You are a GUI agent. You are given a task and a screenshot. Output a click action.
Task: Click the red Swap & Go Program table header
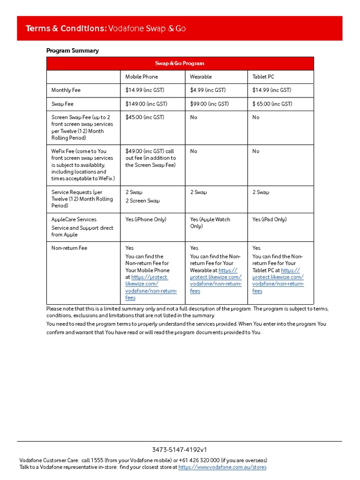point(180,63)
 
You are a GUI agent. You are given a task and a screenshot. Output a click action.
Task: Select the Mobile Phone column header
point(141,77)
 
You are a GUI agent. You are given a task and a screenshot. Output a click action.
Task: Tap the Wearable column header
point(201,77)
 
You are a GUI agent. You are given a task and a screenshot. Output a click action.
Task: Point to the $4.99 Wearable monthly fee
point(208,90)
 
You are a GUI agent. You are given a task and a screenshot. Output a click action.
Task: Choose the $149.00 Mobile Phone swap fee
point(146,104)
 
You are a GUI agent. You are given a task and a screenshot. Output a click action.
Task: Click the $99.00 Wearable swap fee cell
point(209,104)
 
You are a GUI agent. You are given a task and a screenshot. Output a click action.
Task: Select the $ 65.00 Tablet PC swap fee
point(272,104)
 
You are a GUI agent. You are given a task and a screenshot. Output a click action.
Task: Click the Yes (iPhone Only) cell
point(146,219)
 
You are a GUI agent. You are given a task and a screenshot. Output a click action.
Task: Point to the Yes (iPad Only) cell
point(269,219)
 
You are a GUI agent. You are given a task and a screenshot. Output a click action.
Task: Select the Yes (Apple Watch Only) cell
point(210,223)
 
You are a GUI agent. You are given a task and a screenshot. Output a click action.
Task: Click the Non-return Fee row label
point(69,248)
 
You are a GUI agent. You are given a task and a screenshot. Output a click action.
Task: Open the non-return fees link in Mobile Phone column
point(148,287)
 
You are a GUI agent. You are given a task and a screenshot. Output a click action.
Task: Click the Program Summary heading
point(72,51)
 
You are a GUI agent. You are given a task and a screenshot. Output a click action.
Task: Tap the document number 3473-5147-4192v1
point(180,450)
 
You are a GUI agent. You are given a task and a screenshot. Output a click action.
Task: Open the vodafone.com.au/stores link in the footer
point(222,467)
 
